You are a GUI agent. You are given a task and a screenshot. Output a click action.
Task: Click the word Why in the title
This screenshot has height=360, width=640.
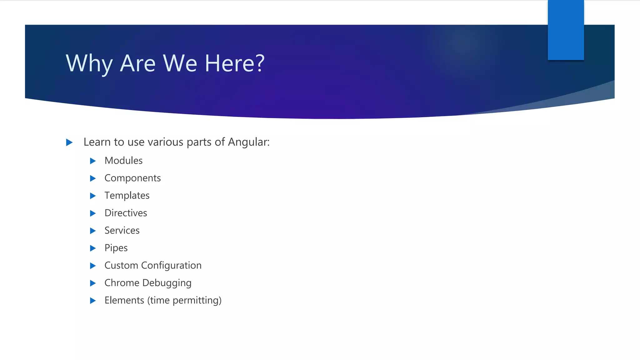(89, 63)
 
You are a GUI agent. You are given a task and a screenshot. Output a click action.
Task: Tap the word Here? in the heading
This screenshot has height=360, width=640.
(234, 63)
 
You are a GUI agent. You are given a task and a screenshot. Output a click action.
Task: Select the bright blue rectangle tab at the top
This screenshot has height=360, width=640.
(566, 30)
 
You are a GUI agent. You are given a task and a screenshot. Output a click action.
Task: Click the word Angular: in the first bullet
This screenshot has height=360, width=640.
(248, 142)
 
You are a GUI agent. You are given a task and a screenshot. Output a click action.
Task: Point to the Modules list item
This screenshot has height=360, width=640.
(123, 161)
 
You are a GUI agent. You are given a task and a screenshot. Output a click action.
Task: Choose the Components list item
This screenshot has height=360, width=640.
(132, 178)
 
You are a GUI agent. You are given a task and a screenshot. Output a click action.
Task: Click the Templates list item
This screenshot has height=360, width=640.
(127, 196)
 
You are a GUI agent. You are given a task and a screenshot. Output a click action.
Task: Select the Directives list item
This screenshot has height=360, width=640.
(126, 213)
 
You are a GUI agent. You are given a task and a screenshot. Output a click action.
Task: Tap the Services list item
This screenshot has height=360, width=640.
(122, 231)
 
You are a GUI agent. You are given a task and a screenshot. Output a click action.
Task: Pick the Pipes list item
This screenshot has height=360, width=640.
(116, 248)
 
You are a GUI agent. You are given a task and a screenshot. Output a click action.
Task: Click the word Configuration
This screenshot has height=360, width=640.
(171, 266)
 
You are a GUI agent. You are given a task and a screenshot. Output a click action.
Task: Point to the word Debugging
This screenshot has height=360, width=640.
(167, 283)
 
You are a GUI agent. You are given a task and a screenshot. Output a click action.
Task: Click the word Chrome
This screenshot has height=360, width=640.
(122, 283)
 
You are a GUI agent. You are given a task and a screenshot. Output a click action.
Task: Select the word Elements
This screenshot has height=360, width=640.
(124, 300)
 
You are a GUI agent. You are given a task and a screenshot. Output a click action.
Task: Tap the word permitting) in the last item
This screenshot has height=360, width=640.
(197, 301)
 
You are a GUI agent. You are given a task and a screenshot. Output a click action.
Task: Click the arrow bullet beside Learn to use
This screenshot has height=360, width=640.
(69, 142)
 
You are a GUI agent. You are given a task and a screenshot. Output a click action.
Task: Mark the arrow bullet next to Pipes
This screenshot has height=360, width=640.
(93, 248)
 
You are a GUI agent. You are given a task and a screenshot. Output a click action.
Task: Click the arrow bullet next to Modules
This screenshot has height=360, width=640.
(93, 161)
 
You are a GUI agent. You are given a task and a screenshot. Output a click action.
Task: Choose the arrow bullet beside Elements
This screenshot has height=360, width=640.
(93, 301)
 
